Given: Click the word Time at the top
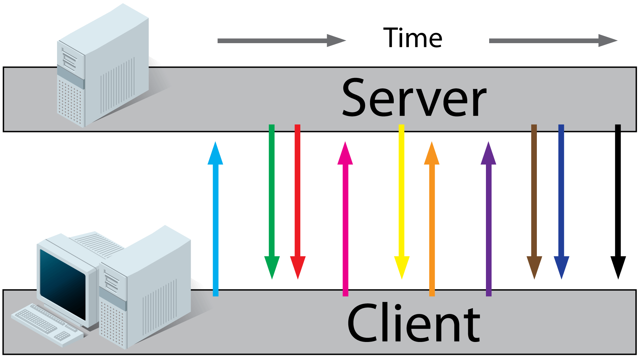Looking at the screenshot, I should pos(412,38).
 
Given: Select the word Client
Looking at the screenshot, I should pos(414,323).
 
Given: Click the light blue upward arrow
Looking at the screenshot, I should pos(216,219).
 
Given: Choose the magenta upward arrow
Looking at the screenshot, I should pos(345,219).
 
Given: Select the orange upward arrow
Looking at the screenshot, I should pos(432,219).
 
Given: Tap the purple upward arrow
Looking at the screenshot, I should pos(489,219).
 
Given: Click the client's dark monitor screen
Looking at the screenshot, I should pos(63,283).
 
